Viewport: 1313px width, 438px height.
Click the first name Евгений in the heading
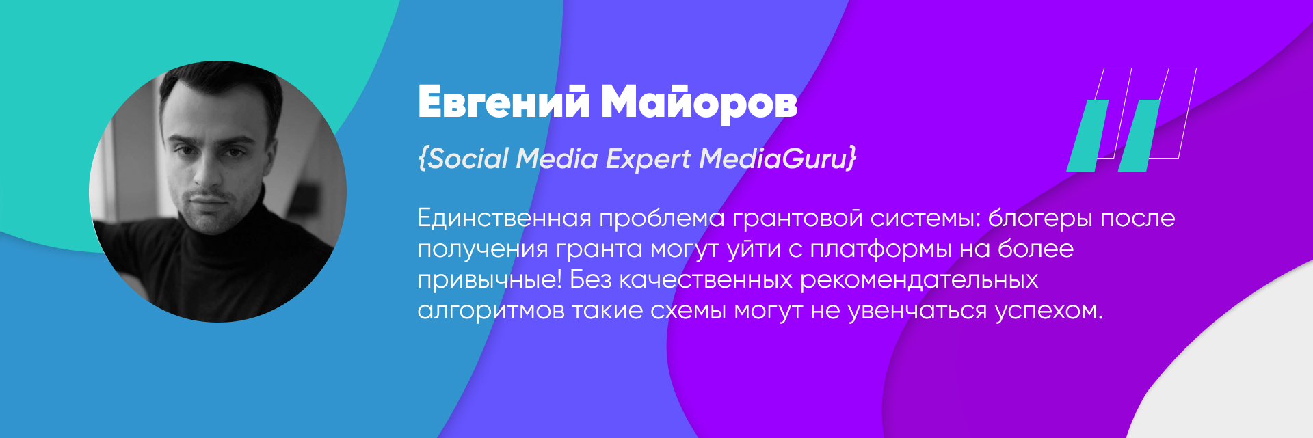pos(503,102)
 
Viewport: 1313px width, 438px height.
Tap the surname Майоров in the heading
pos(699,102)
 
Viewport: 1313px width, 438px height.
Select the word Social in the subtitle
pos(468,159)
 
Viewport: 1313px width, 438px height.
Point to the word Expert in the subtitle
pos(648,159)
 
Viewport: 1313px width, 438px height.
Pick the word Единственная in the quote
pos(504,218)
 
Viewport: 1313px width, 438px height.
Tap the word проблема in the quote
pos(661,219)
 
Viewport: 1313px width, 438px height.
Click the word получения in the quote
pos(483,249)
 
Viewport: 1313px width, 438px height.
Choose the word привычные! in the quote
pos(490,280)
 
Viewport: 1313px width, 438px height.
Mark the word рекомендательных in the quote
pos(919,280)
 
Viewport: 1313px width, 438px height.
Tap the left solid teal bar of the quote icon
pos(1087,135)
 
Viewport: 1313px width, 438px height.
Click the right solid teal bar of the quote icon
pos(1139,135)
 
